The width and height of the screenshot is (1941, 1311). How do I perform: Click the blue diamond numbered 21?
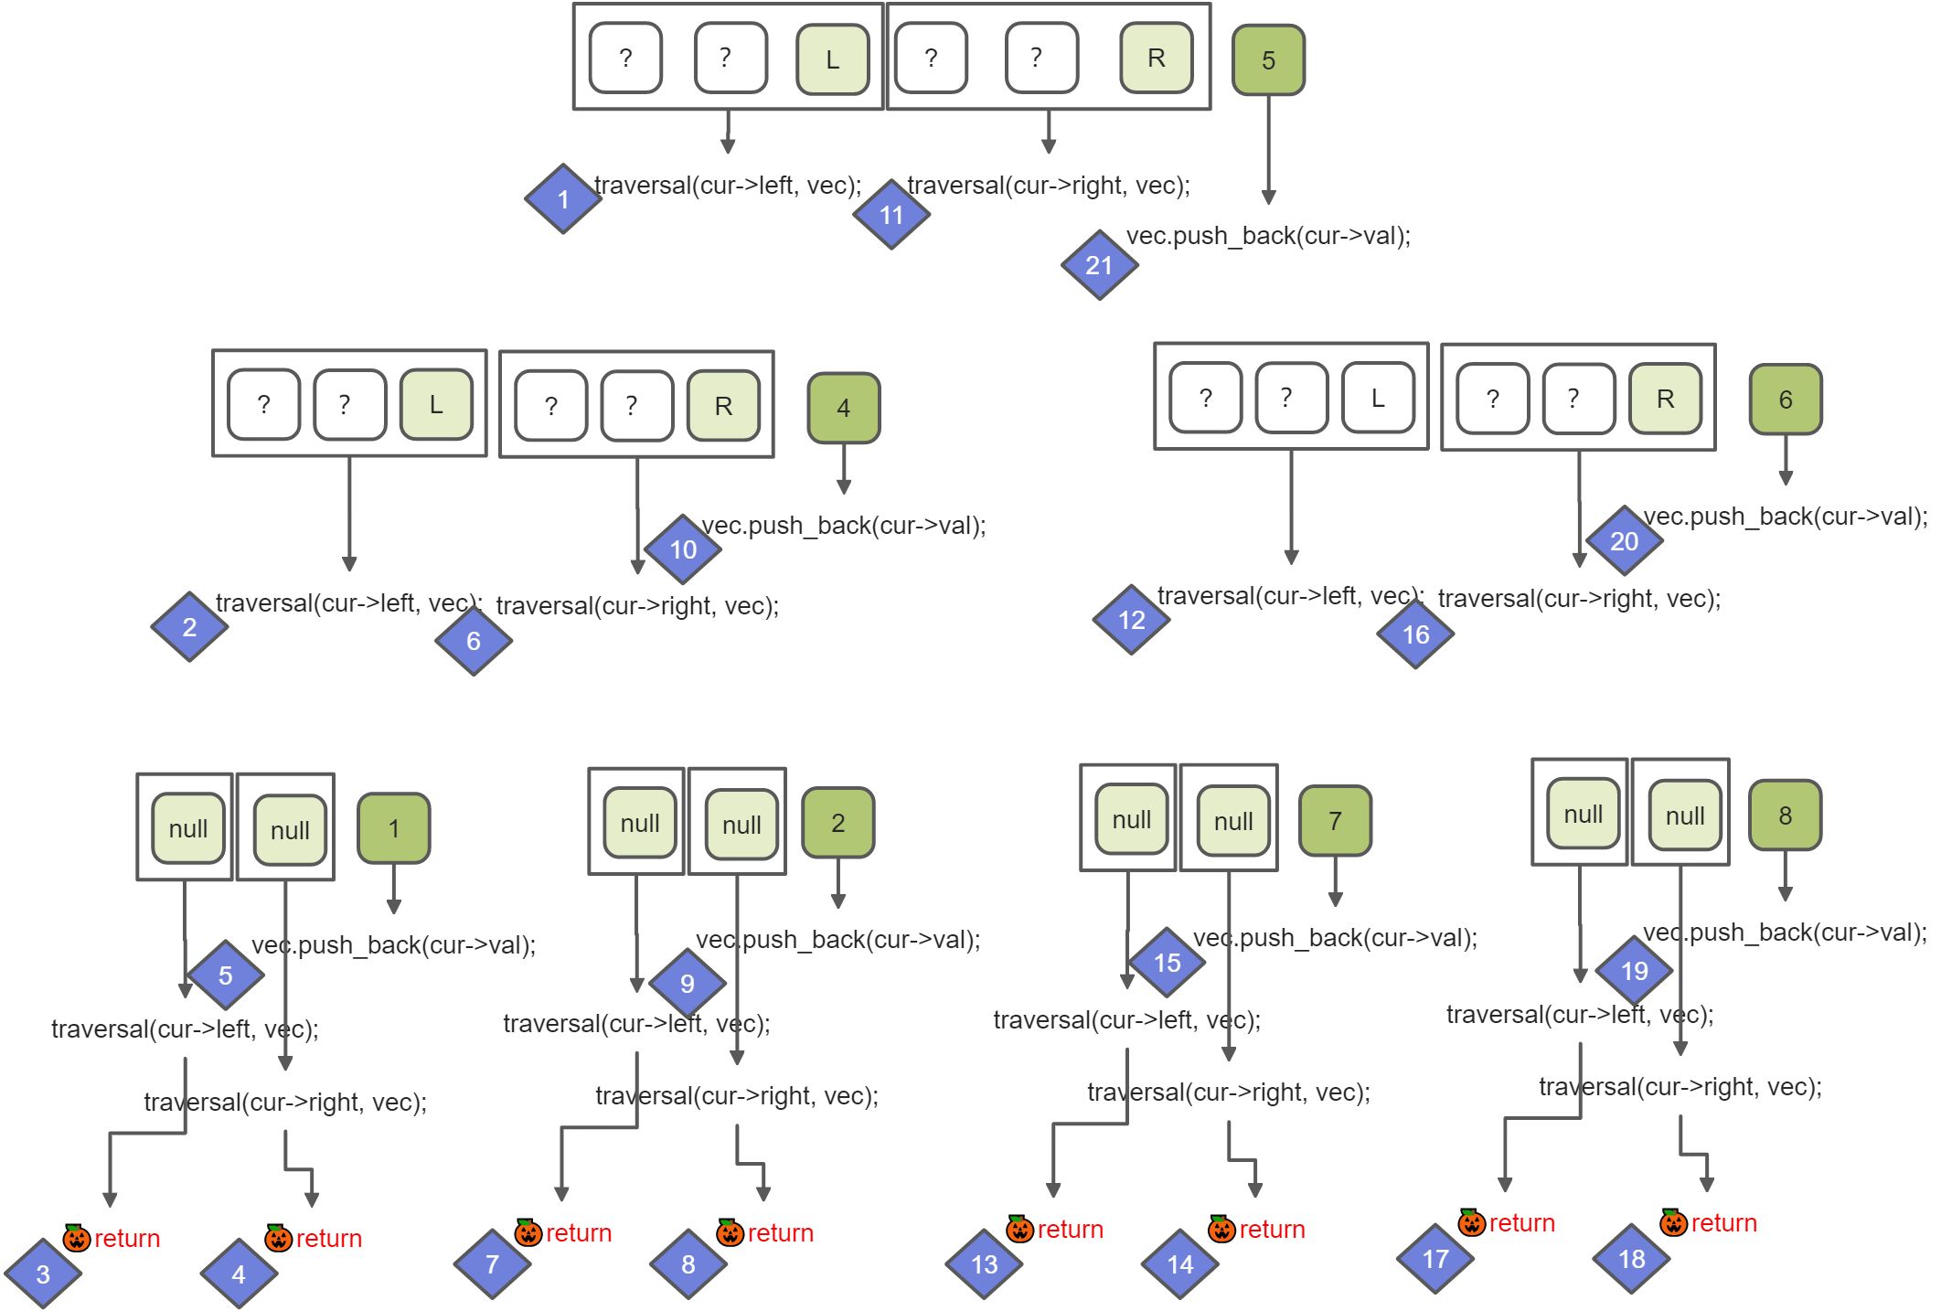coord(1099,265)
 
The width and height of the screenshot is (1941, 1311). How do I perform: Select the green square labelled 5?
coord(1268,60)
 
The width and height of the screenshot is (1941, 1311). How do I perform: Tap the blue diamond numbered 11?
coord(891,215)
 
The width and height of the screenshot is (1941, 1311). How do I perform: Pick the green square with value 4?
coord(843,408)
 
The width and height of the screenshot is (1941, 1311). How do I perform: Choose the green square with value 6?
coord(1785,400)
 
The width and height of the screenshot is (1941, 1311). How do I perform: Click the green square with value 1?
coord(393,828)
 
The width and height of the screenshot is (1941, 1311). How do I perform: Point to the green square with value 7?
coord(1335,821)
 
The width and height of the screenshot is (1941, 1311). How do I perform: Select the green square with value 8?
coord(1785,815)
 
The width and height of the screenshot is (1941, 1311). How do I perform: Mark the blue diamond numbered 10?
coord(683,549)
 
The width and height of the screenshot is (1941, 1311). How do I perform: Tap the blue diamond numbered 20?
coord(1624,541)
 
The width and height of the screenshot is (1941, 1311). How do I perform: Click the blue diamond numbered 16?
coord(1415,634)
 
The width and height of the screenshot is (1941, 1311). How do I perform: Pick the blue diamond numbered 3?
coord(43,1274)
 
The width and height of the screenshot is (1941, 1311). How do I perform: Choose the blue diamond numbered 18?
coord(1631,1259)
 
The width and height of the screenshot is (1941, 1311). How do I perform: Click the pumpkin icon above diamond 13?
coord(1019,1229)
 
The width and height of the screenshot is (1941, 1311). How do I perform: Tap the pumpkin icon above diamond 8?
coord(730,1232)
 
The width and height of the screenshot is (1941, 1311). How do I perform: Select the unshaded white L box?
coord(1377,399)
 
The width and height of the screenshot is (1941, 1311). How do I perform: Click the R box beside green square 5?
coord(1157,59)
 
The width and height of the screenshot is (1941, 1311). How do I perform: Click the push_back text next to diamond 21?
coord(1268,236)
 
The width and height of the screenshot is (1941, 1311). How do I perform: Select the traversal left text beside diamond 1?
coord(728,186)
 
